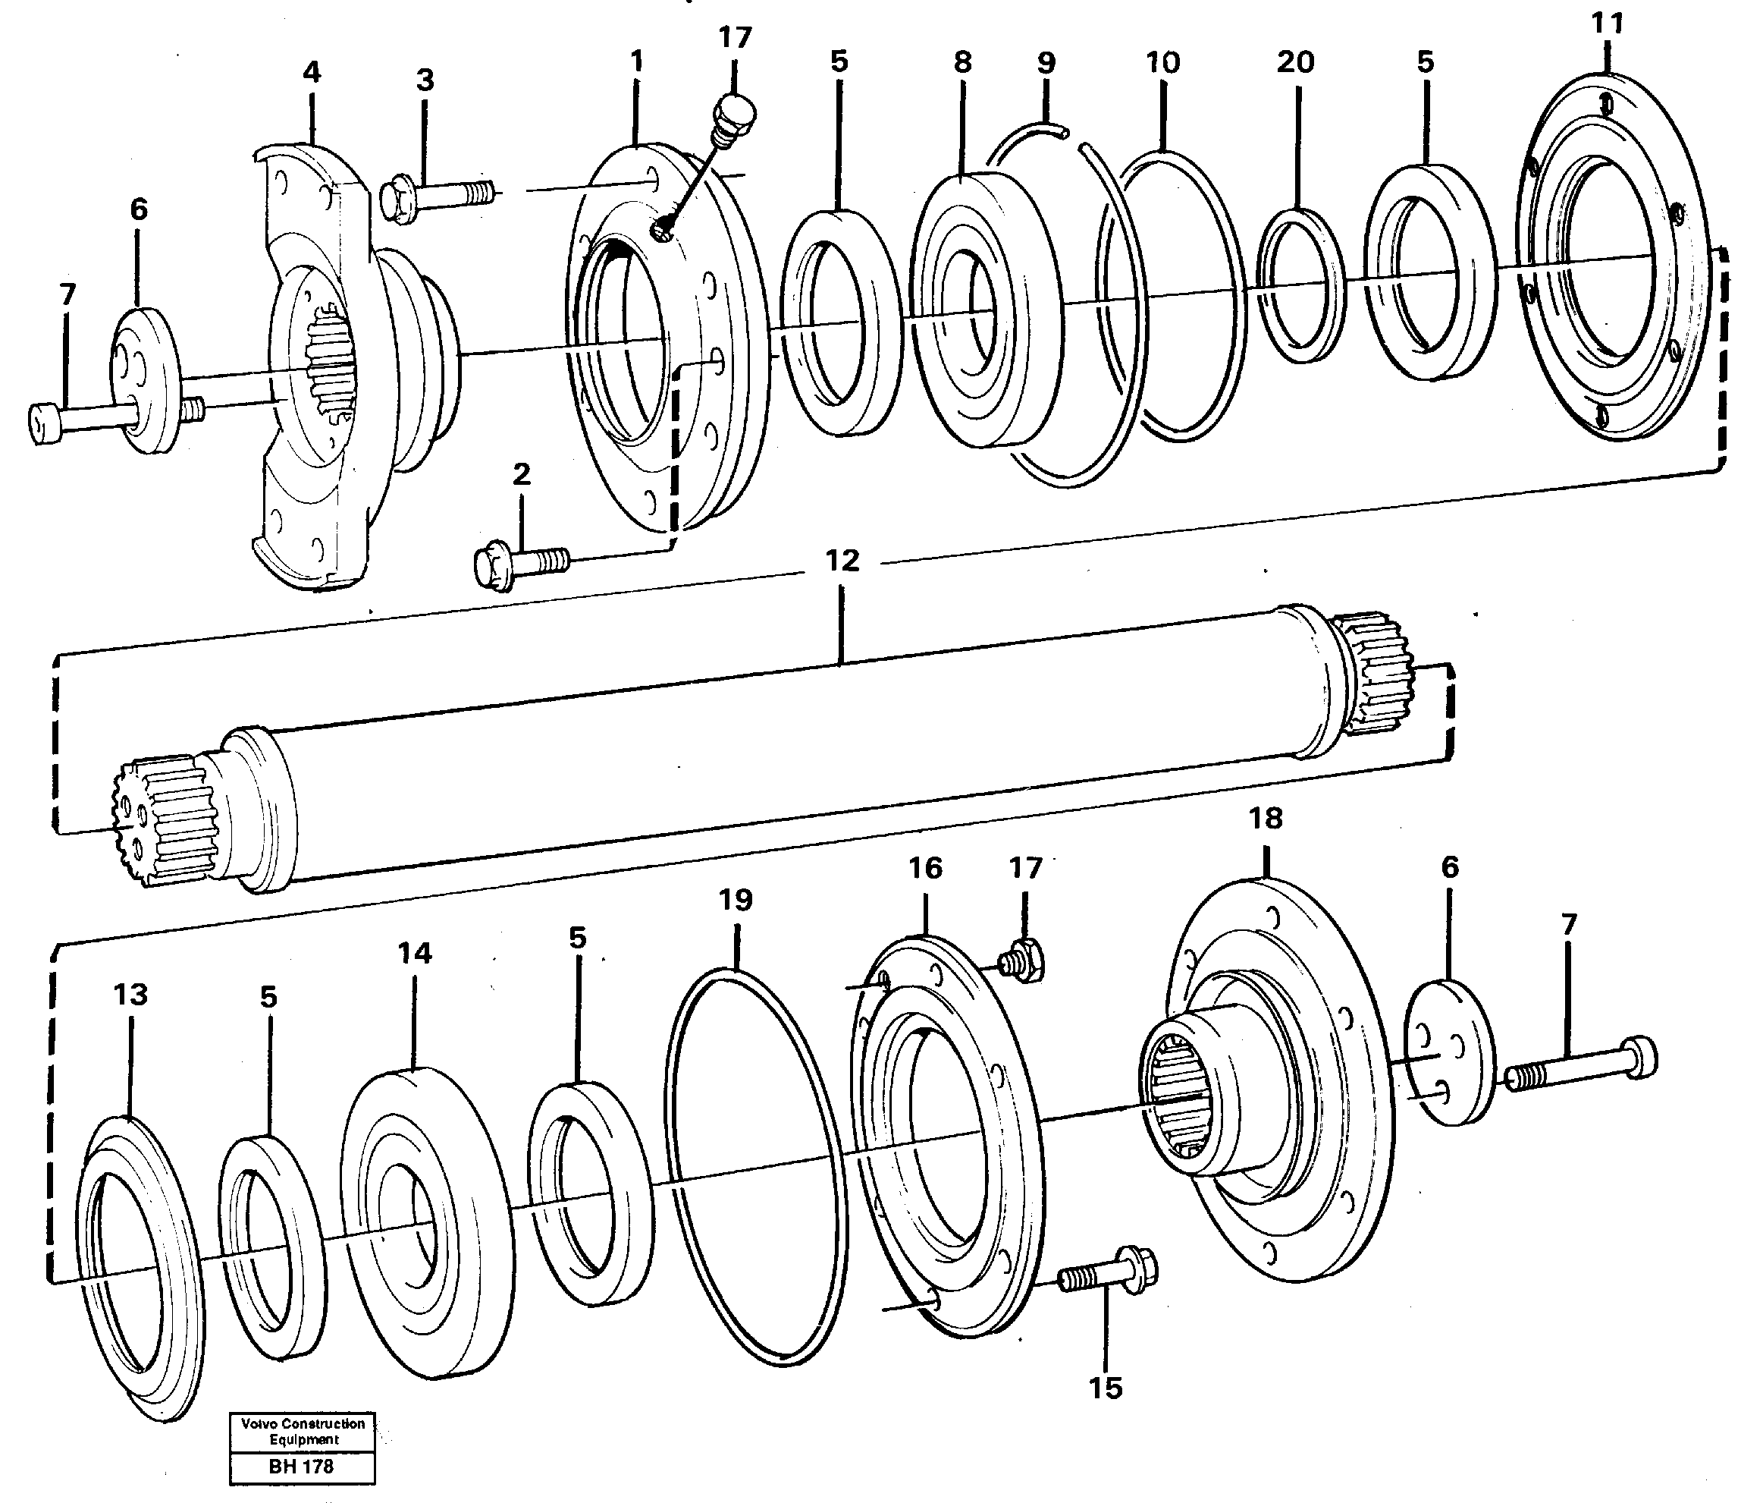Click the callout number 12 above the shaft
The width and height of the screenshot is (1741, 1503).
pos(842,561)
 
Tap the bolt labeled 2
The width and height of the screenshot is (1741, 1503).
pos(519,560)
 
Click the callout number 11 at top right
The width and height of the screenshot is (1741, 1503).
pos(1608,24)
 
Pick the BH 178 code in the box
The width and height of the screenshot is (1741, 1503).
pos(302,1467)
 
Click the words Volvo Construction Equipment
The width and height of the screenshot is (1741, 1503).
pos(303,1432)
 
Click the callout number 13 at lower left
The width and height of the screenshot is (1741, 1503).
pos(130,995)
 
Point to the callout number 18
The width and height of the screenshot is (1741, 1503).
pos(1266,818)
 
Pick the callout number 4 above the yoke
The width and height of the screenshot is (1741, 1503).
pos(312,72)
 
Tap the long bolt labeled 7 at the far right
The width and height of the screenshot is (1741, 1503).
pos(1579,1065)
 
